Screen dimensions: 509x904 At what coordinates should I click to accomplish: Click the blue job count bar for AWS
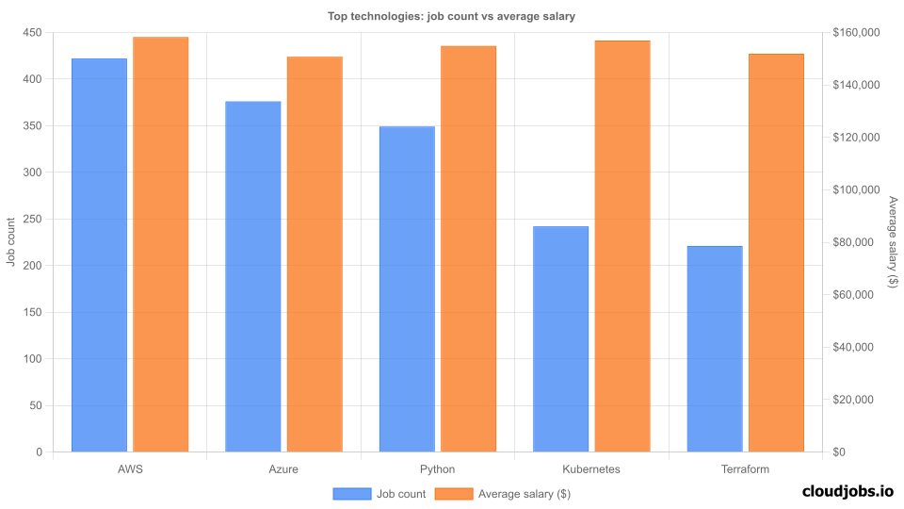pos(99,254)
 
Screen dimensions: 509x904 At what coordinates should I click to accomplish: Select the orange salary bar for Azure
pos(315,254)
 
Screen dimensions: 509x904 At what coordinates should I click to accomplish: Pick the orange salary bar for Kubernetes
pos(622,246)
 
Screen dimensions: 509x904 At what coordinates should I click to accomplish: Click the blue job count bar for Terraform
pos(715,349)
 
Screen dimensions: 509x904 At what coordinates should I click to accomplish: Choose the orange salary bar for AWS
pos(161,244)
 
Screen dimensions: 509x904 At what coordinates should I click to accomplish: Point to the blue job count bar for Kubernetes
pos(560,338)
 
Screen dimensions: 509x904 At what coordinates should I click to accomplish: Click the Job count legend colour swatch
pos(351,493)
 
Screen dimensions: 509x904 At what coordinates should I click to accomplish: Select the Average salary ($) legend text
pos(525,493)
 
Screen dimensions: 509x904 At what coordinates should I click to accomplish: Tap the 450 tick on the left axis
pos(33,33)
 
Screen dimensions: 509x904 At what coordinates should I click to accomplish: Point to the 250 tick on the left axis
pos(33,219)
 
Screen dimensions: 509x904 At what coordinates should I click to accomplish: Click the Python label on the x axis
pos(438,468)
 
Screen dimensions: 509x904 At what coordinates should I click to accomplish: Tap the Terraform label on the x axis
pos(745,468)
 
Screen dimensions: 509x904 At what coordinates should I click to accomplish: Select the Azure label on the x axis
pos(283,468)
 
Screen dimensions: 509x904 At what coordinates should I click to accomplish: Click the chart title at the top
pos(451,16)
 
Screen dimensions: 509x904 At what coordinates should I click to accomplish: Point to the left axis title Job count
pos(11,242)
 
